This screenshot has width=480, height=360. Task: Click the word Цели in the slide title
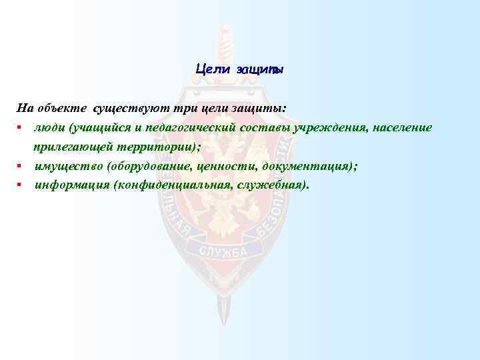coord(213,69)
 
